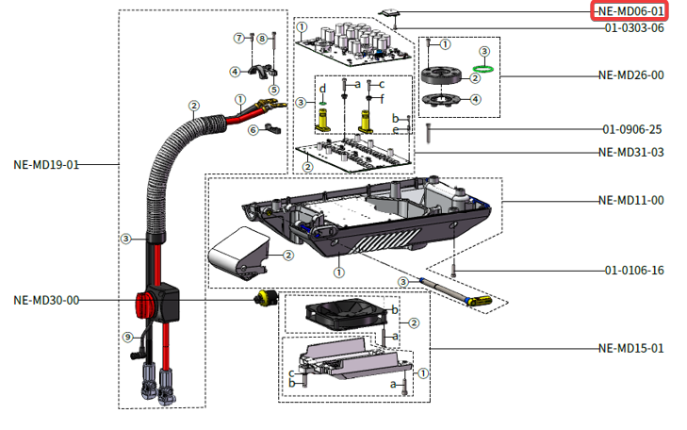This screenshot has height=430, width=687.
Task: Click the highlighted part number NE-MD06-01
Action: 630,10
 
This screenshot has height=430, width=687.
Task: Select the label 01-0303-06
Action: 634,28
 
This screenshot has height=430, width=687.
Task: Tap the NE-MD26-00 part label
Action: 630,74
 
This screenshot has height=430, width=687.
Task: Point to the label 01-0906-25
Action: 634,128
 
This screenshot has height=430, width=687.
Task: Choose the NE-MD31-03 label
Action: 630,152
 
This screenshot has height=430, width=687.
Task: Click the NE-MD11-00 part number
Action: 630,200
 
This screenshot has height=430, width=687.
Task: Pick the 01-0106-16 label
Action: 634,271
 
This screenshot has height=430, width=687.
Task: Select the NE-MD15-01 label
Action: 630,348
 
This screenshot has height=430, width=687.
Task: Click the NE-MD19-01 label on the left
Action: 45,164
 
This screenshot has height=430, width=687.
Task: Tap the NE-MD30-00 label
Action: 45,300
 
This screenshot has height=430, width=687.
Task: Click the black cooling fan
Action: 343,316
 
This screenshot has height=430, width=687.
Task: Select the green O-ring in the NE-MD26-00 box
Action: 483,67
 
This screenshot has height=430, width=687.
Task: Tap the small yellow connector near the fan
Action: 266,299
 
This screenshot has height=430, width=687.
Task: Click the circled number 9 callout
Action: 126,337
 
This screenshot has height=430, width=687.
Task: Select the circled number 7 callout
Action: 239,38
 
